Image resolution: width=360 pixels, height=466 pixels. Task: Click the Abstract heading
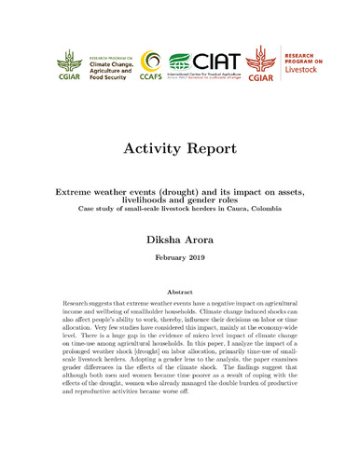coord(180,292)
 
